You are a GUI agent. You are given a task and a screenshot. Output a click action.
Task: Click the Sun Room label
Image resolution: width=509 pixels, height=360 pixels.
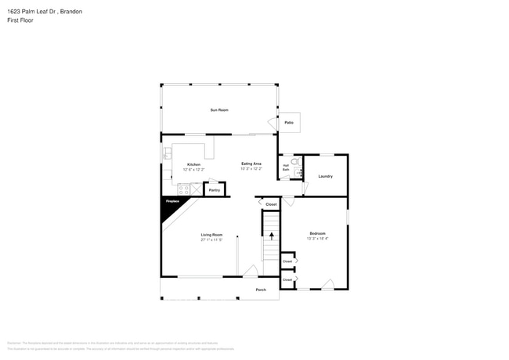(x=219, y=110)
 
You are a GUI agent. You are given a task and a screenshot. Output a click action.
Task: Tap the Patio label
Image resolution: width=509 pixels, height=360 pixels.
(x=289, y=123)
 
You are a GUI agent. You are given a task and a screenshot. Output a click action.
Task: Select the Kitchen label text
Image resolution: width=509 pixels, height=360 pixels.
(x=193, y=164)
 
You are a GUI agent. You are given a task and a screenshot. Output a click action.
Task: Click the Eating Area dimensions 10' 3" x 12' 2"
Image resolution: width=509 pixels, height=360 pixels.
(x=251, y=168)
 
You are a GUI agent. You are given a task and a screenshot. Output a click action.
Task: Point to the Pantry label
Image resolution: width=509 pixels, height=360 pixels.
(x=214, y=190)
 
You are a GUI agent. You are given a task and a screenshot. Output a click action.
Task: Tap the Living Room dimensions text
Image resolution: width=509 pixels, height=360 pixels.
(x=211, y=239)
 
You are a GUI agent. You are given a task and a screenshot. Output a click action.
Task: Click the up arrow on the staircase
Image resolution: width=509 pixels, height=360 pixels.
(x=272, y=235)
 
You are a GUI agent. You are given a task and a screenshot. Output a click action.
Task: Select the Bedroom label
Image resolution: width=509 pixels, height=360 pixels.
(x=317, y=233)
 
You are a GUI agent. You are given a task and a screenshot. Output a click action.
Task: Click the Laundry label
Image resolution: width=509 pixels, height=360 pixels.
(x=325, y=176)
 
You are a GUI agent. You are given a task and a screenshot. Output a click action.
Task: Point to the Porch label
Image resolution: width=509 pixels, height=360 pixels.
(x=261, y=290)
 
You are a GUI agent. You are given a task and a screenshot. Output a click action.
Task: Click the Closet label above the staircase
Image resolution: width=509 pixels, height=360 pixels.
(x=271, y=204)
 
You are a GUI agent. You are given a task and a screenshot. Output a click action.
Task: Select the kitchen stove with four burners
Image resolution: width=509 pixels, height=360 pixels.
(x=183, y=189)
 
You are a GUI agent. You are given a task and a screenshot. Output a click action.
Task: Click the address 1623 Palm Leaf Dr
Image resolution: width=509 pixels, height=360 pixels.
(x=35, y=11)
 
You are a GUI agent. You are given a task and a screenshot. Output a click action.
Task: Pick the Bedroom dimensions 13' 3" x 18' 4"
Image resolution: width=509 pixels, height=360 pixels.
(x=317, y=238)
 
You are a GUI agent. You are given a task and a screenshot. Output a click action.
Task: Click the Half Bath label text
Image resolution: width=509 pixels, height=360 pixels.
(x=286, y=167)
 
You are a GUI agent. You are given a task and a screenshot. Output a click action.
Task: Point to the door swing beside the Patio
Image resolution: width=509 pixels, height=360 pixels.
(x=272, y=123)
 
